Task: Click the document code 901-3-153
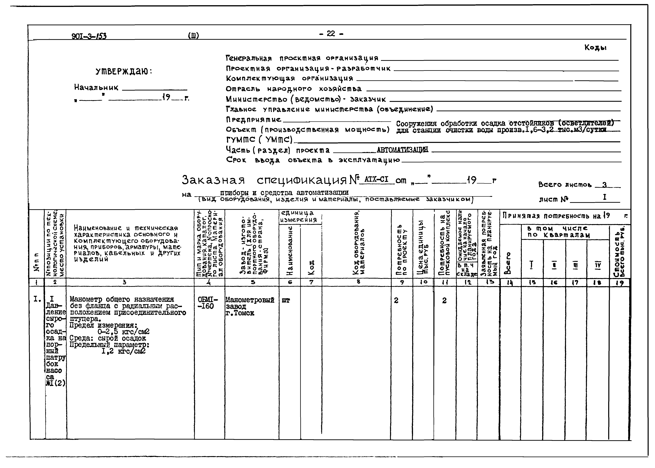tap(89, 36)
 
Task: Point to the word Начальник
tap(96, 87)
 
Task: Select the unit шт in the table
tap(286, 300)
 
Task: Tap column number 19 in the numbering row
tap(620, 283)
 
